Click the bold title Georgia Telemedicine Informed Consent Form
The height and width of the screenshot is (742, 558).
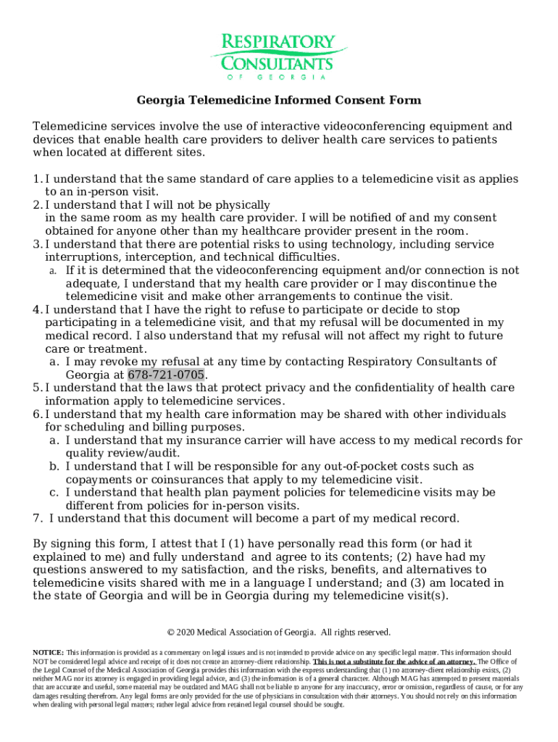279,100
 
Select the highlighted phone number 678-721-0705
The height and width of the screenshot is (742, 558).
167,375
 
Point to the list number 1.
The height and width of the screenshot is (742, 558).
37,179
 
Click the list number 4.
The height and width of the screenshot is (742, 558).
37,309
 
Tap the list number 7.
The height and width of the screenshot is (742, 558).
37,518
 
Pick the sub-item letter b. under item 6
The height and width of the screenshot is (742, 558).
54,466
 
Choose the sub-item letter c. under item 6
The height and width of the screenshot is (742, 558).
54,492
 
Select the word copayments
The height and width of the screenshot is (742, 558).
100,479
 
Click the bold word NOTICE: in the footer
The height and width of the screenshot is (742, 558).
49,652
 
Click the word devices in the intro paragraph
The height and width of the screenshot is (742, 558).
54,140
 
